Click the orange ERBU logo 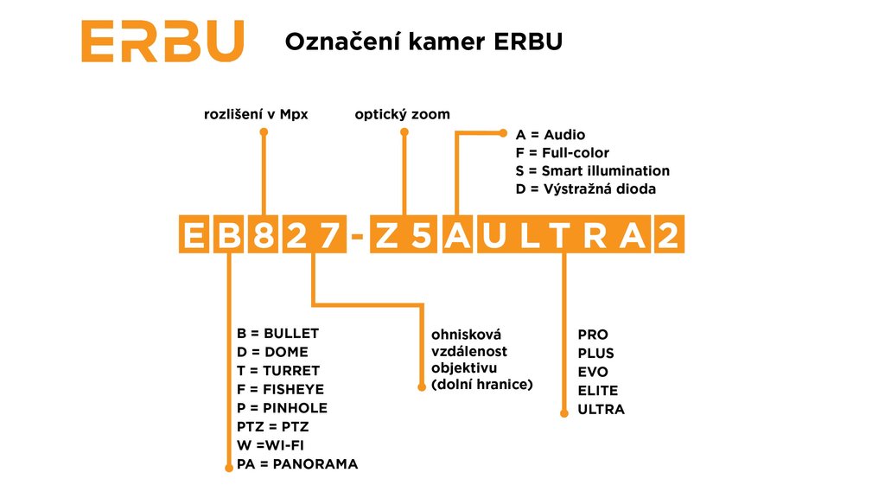click(162, 41)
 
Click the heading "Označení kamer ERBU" click(423, 41)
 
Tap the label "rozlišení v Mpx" click(256, 114)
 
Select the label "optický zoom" click(402, 114)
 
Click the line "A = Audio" click(550, 135)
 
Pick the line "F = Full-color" click(562, 153)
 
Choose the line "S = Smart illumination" click(592, 171)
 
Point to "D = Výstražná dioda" click(585, 189)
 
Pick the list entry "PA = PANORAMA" click(296, 464)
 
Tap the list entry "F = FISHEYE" click(280, 390)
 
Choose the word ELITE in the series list click(598, 391)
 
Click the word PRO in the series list click(593, 335)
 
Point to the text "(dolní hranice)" click(481, 384)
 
